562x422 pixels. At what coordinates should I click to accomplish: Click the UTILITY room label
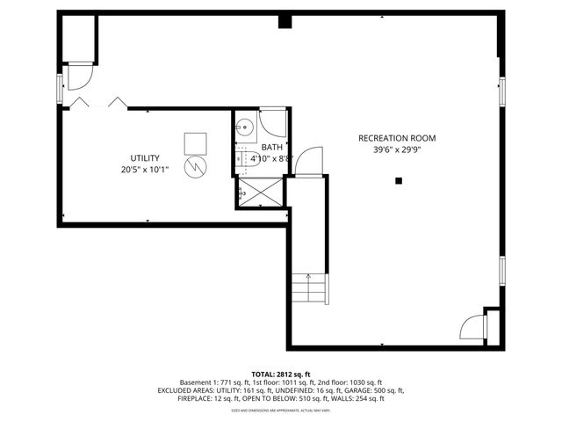(x=145, y=157)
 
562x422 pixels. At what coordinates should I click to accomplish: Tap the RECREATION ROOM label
(x=396, y=138)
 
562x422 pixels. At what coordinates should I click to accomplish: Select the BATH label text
(x=271, y=148)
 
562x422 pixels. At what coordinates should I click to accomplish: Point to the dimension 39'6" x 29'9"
(x=396, y=150)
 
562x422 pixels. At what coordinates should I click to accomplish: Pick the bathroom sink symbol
(x=245, y=127)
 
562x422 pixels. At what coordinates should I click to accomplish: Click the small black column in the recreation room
(x=398, y=181)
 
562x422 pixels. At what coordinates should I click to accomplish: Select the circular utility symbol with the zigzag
(x=194, y=166)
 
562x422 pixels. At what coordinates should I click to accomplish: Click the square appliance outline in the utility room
(x=195, y=142)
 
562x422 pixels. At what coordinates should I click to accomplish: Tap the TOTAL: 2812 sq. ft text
(x=281, y=374)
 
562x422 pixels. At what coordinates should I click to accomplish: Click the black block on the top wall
(x=285, y=20)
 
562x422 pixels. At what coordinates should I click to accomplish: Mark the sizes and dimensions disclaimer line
(x=281, y=410)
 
